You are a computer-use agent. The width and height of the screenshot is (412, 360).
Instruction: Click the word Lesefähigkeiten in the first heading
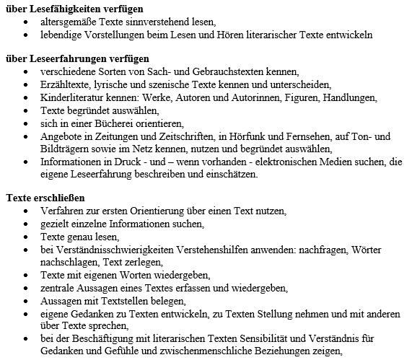point(60,9)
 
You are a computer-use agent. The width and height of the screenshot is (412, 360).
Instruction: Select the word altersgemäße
point(72,22)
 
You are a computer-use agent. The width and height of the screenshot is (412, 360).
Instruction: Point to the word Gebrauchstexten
point(222,71)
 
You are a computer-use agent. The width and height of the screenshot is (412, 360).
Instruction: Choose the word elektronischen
point(277,162)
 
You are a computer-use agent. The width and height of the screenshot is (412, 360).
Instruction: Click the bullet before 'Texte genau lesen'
point(26,237)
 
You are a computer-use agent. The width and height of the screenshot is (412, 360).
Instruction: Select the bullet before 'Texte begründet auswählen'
point(26,110)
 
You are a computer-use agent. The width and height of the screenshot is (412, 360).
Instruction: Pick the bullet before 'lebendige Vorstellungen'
point(26,35)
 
